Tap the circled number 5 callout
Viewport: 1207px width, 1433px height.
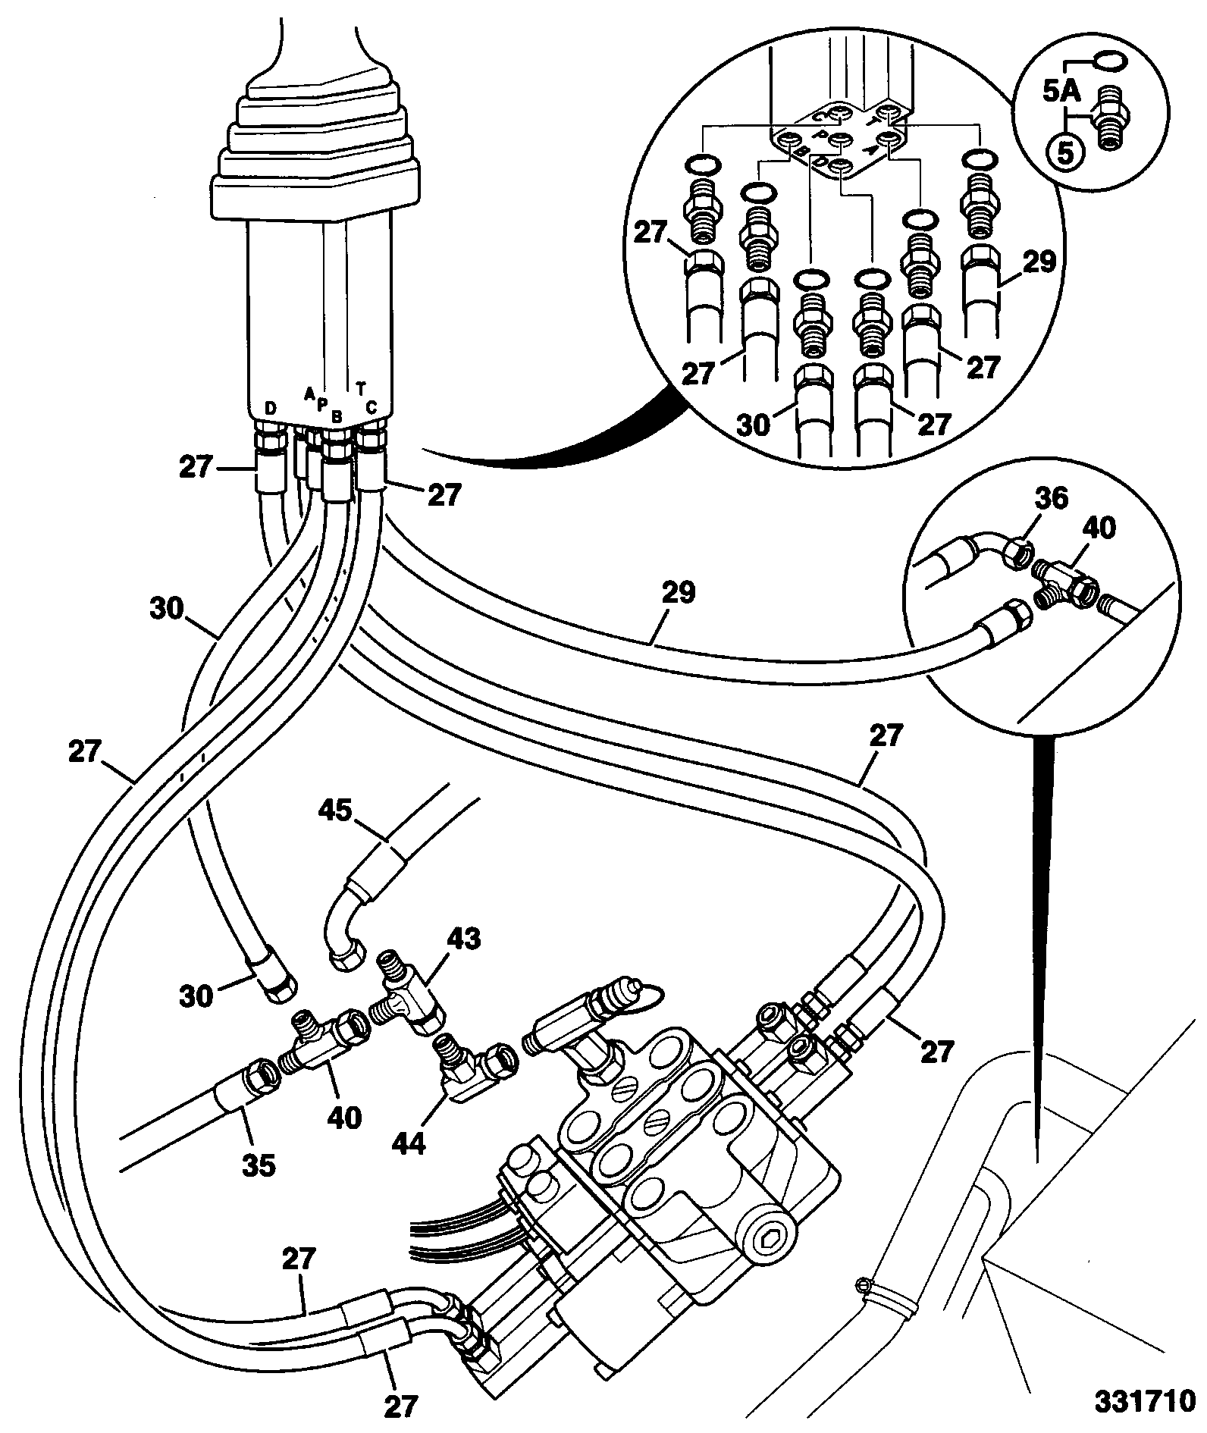pos(1065,154)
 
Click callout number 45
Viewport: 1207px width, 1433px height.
pos(335,811)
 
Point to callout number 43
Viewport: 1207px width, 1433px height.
pos(463,939)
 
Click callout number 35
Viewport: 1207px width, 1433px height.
pos(259,1165)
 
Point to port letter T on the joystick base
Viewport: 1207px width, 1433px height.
pos(361,389)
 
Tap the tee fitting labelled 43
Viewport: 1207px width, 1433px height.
pos(410,990)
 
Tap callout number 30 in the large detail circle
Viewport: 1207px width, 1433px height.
pos(754,424)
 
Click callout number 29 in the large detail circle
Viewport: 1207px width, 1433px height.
pos(1037,262)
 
